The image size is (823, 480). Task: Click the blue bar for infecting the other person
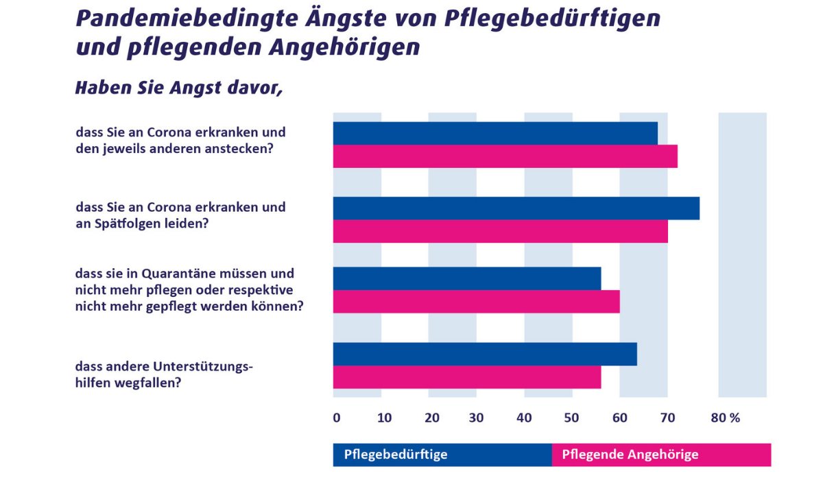pos(495,133)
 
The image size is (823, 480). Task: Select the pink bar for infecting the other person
pos(505,156)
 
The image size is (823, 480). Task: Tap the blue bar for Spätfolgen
pos(516,208)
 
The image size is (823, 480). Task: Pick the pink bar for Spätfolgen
pos(500,231)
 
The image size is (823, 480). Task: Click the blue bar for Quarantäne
pos(466,278)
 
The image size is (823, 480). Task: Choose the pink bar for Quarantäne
pos(476,302)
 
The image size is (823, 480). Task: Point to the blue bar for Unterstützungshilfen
pos(485,354)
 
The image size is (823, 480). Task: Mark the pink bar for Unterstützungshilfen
pos(466,377)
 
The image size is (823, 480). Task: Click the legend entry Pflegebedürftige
pos(396,455)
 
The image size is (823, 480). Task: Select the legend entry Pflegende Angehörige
pos(630,455)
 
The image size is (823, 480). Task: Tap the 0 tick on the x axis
pos(336,418)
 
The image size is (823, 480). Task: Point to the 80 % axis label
pos(726,418)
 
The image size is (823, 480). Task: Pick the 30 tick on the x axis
pos(477,418)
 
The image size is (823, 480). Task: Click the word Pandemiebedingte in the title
pos(180,19)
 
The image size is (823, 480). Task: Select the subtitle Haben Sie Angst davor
pos(178,88)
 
